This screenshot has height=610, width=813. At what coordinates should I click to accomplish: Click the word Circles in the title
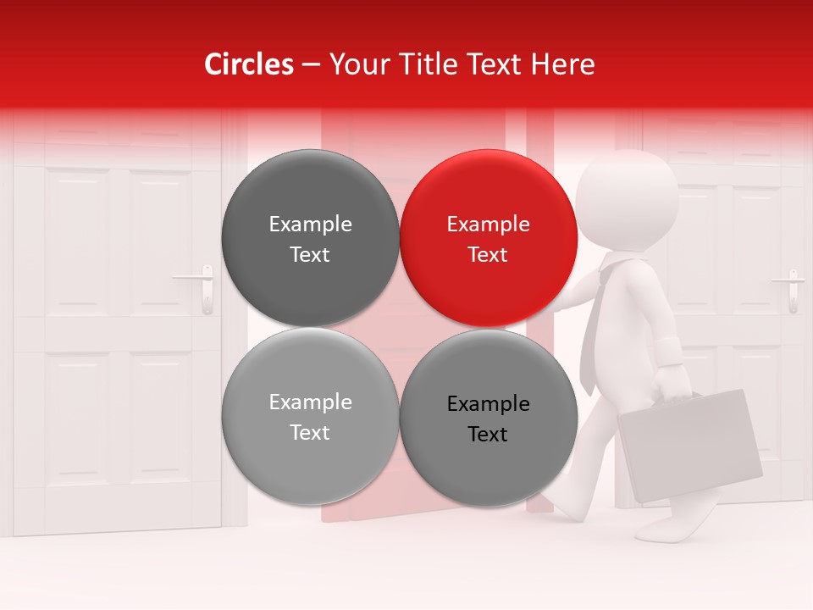tap(248, 64)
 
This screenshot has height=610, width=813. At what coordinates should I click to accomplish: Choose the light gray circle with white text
tap(310, 417)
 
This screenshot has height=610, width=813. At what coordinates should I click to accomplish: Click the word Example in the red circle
tap(488, 225)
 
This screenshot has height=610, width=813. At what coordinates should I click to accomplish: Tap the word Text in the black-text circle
tap(488, 435)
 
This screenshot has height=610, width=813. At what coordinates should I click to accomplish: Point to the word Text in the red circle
tap(488, 255)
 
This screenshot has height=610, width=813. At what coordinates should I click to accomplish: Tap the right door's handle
tap(792, 288)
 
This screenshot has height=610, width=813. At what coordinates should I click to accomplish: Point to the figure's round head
tap(627, 200)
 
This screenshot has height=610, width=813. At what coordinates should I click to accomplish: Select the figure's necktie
tap(593, 330)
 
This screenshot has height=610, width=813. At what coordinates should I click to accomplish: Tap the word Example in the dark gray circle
tap(310, 225)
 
